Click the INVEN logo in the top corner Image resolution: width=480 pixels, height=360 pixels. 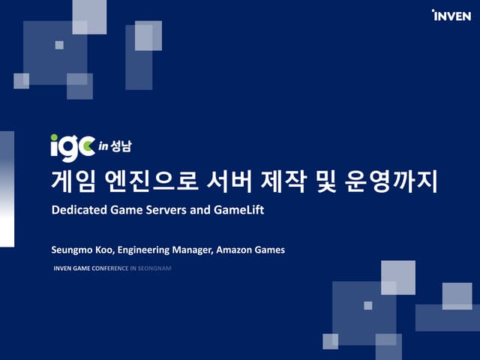click(x=451, y=15)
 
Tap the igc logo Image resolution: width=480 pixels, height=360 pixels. click(x=73, y=146)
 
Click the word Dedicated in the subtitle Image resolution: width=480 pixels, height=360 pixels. click(x=78, y=211)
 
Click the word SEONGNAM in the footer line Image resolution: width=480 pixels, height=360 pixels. click(x=155, y=267)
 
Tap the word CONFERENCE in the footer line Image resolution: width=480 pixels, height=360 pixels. click(x=109, y=267)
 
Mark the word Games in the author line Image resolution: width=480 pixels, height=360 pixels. click(x=271, y=250)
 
